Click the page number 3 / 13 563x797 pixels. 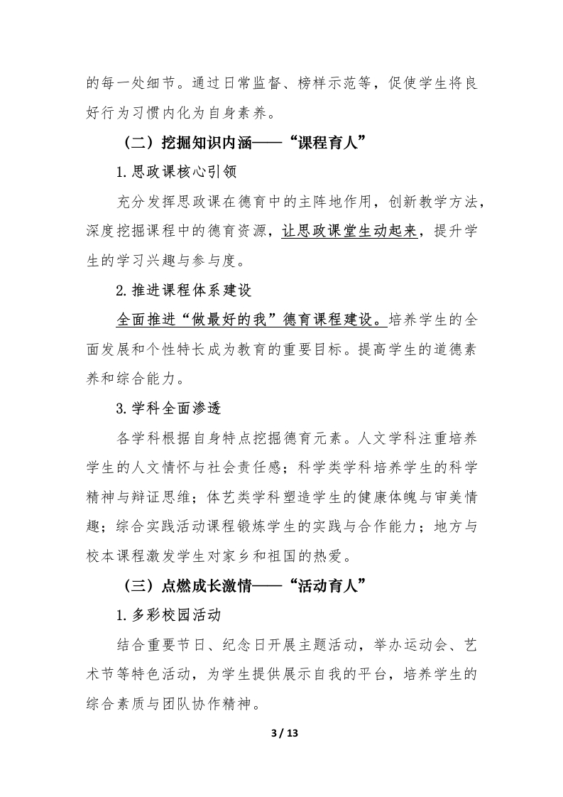click(x=281, y=734)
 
